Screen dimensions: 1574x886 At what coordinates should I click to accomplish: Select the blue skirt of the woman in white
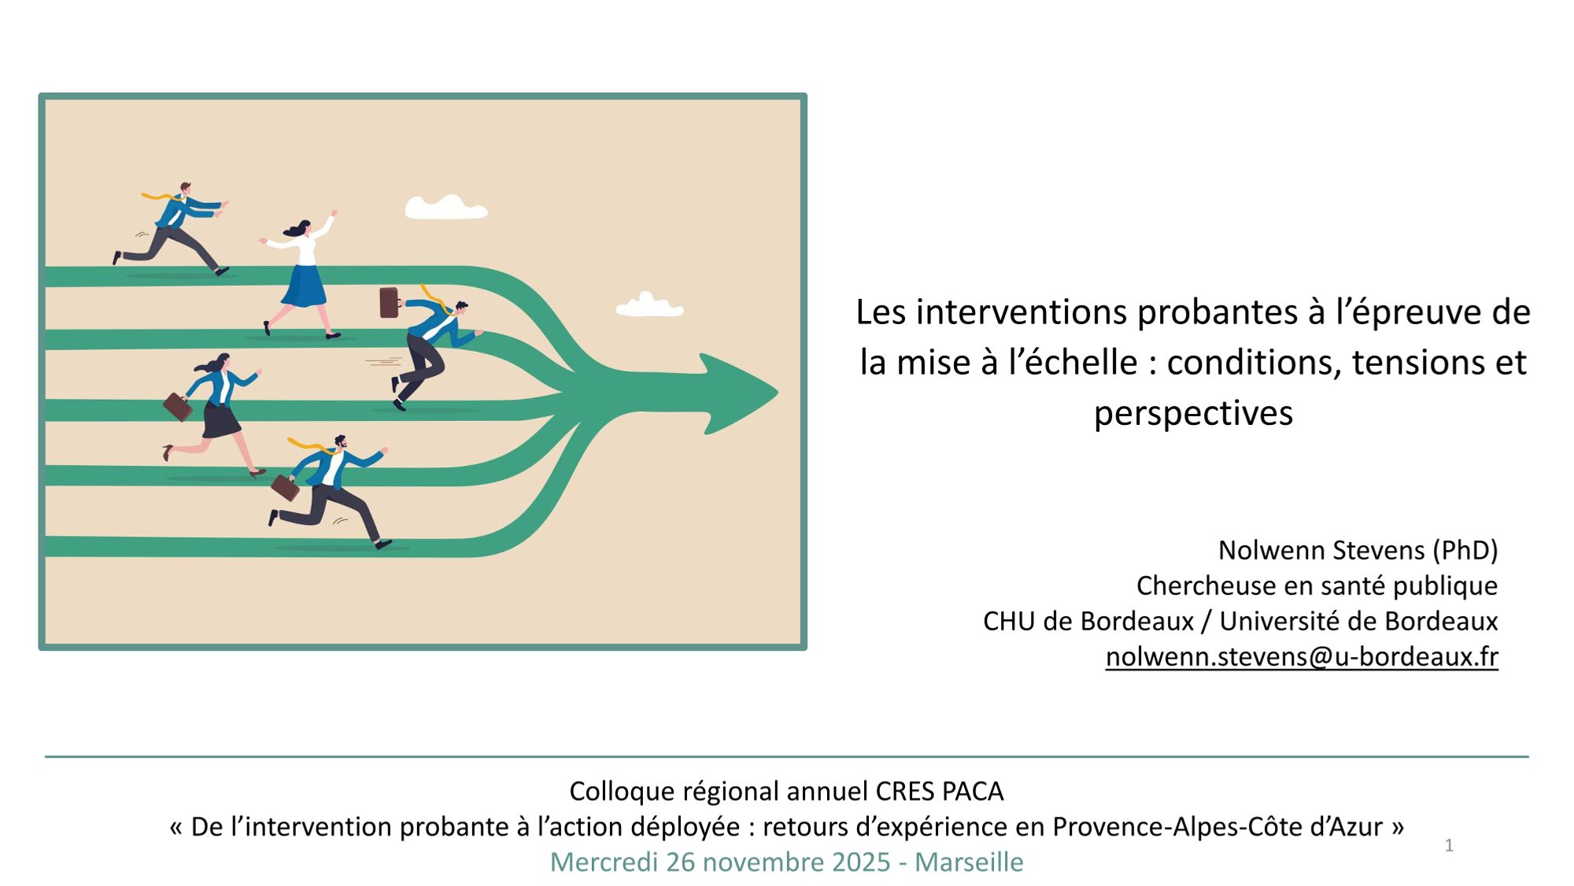304,286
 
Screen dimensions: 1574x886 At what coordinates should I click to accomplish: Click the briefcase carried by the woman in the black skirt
177,407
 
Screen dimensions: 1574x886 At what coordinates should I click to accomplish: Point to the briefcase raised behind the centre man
389,303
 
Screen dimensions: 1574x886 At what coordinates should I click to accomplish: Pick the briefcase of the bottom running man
285,488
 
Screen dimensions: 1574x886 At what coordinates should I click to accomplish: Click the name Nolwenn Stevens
1321,550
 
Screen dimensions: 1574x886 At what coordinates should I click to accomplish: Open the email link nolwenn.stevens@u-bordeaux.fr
1302,656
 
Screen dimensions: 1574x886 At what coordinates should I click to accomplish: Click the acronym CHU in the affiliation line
1010,621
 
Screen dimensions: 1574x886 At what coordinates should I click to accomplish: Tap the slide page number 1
1449,846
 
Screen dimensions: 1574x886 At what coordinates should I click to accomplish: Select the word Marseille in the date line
969,862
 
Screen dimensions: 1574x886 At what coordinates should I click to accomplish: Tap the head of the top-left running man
185,188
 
